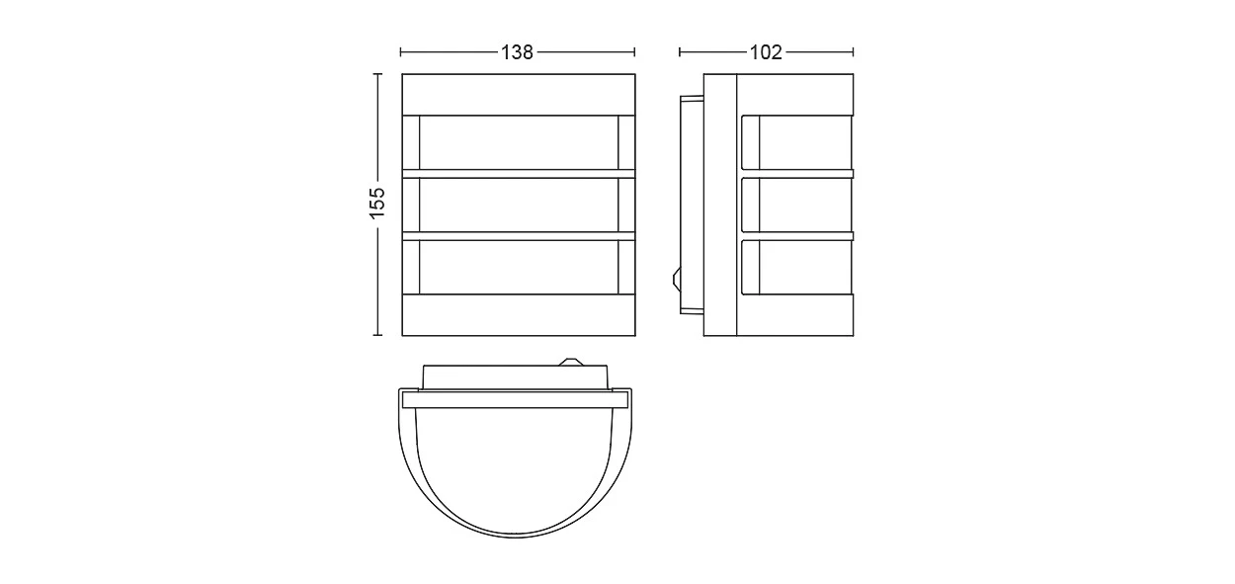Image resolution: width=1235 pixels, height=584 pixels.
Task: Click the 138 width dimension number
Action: tap(517, 52)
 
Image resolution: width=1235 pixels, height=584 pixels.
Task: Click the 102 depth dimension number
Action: tap(766, 52)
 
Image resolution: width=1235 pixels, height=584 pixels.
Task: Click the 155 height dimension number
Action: tap(377, 203)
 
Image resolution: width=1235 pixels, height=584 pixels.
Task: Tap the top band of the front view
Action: tap(519, 94)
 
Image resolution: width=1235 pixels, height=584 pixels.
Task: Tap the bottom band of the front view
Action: tap(519, 315)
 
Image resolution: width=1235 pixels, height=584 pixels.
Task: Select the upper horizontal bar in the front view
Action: tap(519, 174)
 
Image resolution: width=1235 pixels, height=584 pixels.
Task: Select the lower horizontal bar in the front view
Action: tap(519, 236)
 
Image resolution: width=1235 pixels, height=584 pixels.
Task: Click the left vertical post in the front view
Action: tap(411, 205)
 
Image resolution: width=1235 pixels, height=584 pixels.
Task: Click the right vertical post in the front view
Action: tap(626, 205)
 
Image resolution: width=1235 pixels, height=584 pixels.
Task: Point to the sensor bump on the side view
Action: tap(677, 279)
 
